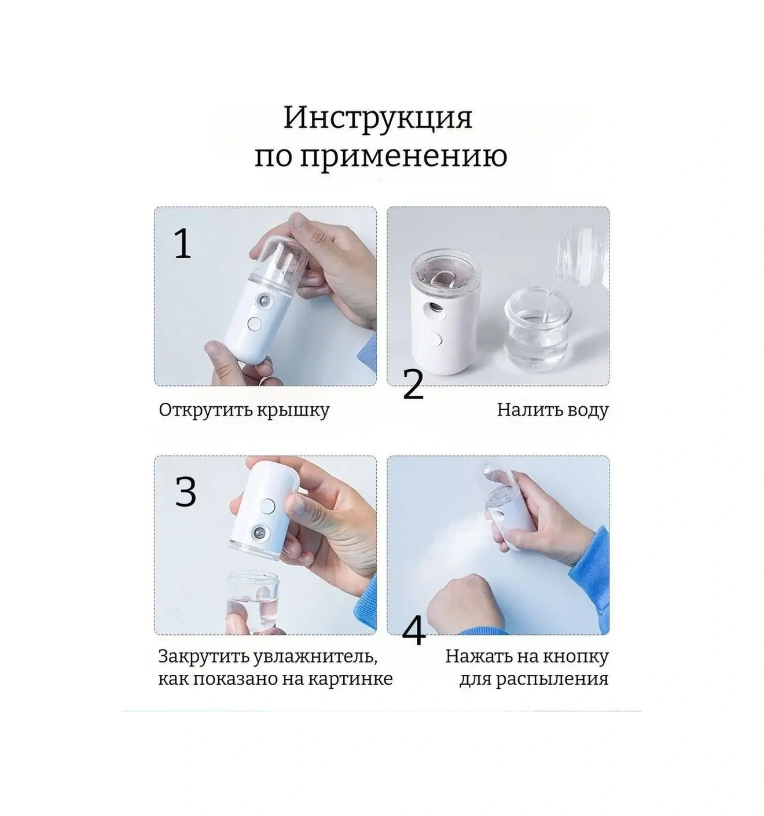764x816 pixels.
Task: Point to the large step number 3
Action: pyautogui.click(x=185, y=492)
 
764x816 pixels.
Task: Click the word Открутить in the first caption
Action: pyautogui.click(x=205, y=410)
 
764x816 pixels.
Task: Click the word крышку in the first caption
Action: pyautogui.click(x=293, y=411)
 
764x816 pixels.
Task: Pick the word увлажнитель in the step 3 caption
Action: pyautogui.click(x=314, y=656)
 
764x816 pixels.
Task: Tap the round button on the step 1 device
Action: pyautogui.click(x=255, y=325)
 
